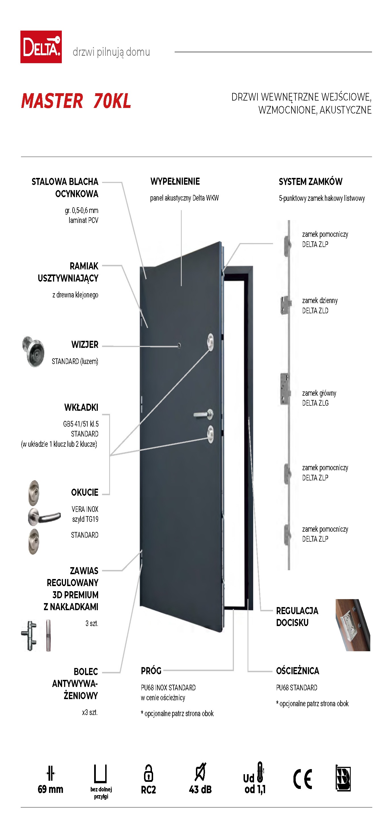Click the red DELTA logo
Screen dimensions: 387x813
[41, 47]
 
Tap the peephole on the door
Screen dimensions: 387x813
[179, 346]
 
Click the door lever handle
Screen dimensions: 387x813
[204, 414]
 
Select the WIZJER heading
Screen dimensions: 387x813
[85, 344]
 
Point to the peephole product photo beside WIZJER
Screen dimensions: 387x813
[33, 351]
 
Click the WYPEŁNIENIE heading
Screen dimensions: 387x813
[175, 182]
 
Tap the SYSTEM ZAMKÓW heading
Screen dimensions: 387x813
[310, 182]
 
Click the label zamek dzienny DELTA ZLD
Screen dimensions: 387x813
[320, 305]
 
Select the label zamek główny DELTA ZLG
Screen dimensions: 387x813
[319, 398]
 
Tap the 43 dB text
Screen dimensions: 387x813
[200, 790]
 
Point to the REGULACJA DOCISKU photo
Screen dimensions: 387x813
[353, 625]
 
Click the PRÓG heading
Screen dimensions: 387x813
[151, 671]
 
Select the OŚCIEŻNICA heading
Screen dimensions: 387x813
[298, 671]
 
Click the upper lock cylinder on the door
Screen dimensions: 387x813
[210, 342]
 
